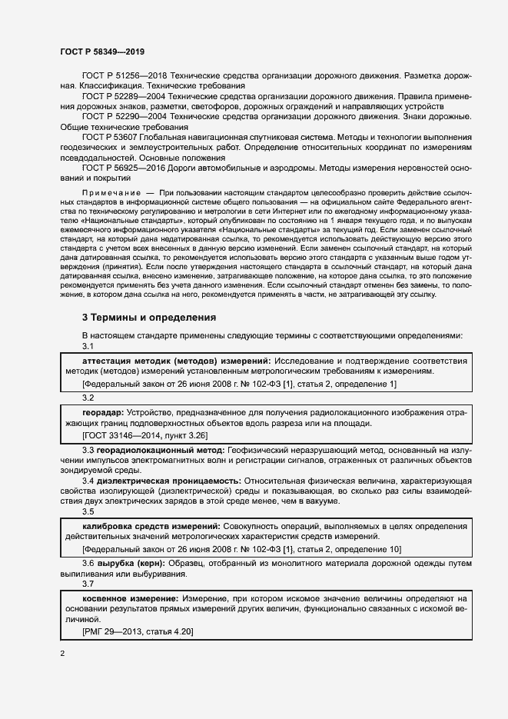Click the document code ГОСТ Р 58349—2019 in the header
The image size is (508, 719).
(x=101, y=52)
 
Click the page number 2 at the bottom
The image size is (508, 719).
(x=61, y=654)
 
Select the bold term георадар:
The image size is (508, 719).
(x=102, y=411)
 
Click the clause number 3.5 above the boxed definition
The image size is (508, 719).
(x=88, y=511)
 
